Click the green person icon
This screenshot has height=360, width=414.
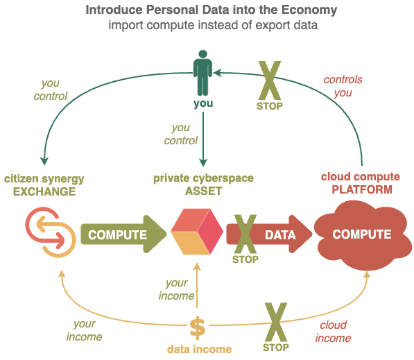202,73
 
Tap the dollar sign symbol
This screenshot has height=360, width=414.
197,329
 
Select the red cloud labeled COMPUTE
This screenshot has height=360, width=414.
362,235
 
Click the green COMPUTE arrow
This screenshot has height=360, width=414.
123,234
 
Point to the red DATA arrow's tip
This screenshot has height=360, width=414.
312,234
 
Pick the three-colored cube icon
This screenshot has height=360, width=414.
197,232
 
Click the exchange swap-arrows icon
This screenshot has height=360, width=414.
51,232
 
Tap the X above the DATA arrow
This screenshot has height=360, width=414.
245,234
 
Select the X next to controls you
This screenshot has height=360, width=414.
270,80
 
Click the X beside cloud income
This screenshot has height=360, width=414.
276,322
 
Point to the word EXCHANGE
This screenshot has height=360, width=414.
44,191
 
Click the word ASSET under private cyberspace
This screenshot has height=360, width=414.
203,191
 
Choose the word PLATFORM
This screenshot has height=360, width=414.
362,189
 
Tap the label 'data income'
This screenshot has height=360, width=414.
199,349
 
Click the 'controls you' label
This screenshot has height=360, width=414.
343,86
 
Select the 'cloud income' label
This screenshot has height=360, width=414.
333,332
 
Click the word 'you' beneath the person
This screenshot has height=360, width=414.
203,103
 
